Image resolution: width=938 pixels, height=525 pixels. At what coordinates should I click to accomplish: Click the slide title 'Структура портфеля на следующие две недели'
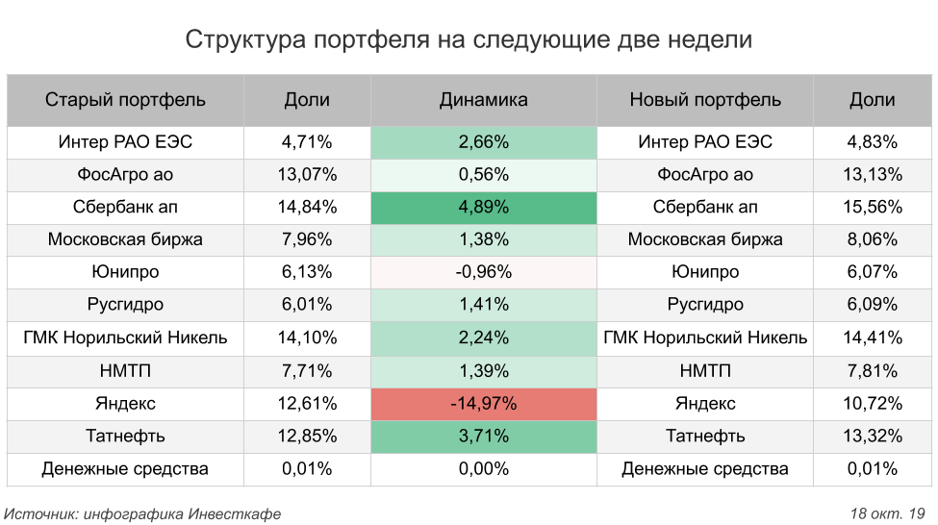[469, 40]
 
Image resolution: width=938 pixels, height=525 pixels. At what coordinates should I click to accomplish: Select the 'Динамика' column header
[483, 100]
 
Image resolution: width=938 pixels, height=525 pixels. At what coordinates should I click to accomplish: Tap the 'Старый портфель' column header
[125, 100]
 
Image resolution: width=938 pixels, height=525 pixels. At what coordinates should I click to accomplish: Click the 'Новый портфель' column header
[705, 100]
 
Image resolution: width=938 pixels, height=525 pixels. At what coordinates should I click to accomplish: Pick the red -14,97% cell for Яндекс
[483, 403]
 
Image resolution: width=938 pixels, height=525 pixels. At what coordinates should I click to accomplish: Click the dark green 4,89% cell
[483, 207]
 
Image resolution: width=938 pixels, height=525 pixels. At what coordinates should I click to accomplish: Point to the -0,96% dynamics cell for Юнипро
[483, 272]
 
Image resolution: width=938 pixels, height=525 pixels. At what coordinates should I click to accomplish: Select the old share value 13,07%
[307, 174]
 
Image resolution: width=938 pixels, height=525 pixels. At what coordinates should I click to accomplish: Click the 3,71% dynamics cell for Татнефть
[483, 436]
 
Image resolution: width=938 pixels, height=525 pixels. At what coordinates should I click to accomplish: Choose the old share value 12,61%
[307, 403]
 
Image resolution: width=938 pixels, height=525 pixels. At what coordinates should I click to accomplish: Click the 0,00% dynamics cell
[483, 468]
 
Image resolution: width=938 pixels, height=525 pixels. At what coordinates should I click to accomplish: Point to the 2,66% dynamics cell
[483, 141]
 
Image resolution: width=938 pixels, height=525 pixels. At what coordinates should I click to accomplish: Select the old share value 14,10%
[307, 337]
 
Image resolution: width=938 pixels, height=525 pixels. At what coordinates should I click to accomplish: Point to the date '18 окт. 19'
[887, 513]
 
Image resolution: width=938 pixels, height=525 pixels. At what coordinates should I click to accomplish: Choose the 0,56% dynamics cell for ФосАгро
[483, 174]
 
